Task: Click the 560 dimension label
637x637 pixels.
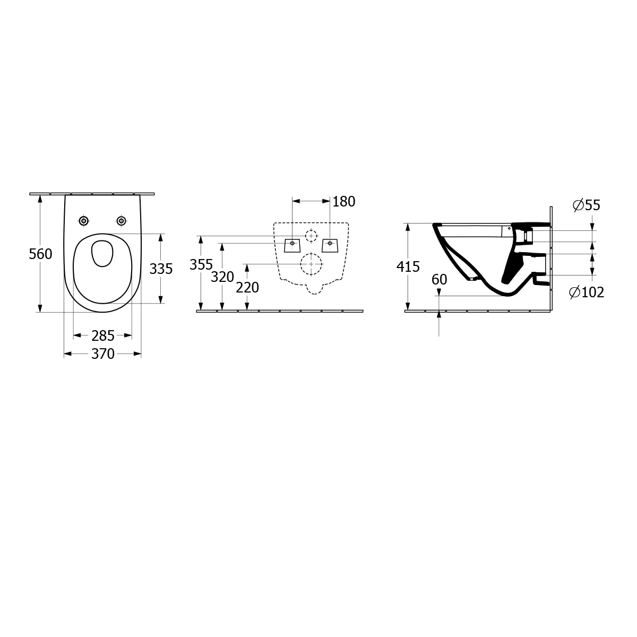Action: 40,254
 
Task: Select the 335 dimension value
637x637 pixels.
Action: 161,269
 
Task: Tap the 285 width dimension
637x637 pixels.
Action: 103,336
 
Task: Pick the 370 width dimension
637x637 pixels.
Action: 103,354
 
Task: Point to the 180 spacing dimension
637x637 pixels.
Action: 344,202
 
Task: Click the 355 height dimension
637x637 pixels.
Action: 201,264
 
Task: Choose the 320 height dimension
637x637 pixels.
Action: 222,277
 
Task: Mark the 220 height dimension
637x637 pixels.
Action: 247,288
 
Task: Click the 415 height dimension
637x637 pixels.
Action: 408,267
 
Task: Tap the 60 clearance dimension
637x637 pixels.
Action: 440,280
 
